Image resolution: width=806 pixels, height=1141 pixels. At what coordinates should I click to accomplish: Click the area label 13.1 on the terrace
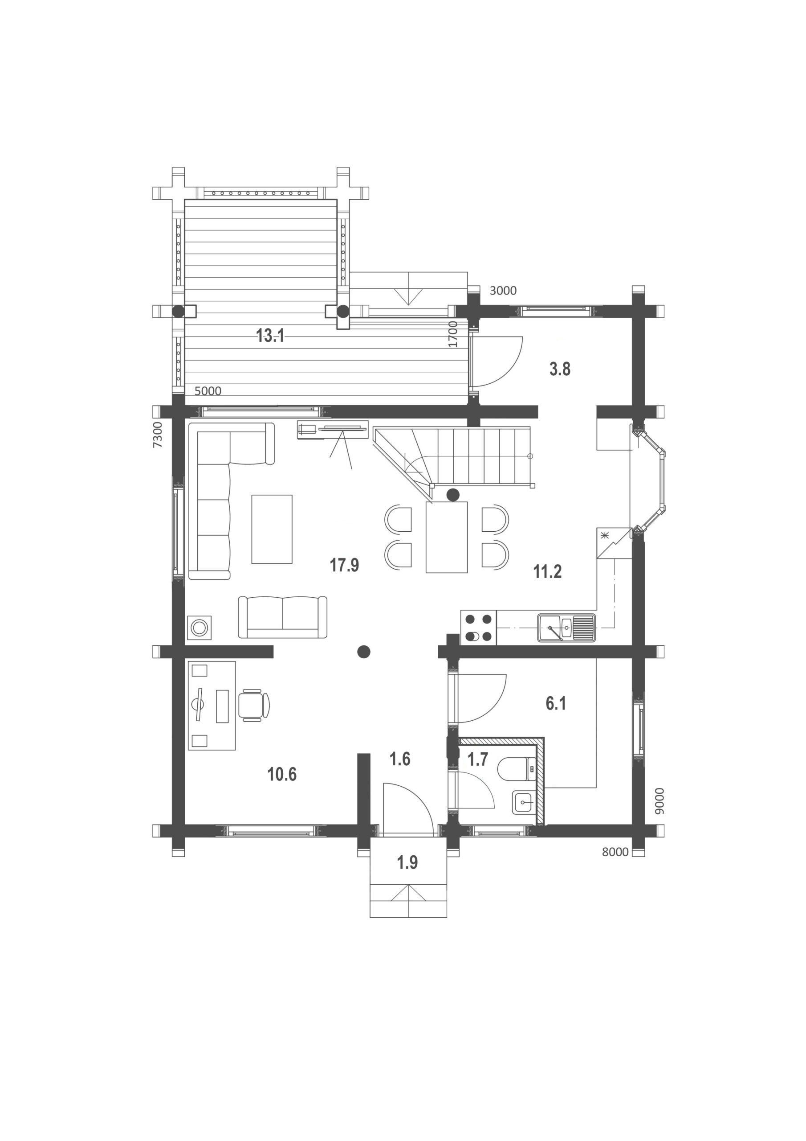[x=270, y=336]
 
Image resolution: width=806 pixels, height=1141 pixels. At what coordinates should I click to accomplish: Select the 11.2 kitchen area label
[x=547, y=571]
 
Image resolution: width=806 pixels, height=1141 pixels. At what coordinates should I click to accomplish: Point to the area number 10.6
[x=282, y=774]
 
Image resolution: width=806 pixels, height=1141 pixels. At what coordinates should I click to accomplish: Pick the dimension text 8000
[x=615, y=852]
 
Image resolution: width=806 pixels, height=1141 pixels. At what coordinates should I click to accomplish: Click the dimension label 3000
[x=503, y=291]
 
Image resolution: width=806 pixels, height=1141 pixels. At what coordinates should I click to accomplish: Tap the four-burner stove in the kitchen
[x=479, y=627]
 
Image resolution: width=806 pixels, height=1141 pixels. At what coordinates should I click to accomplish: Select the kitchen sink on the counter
[x=566, y=627]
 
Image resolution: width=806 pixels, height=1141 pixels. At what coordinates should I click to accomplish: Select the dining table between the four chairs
[x=447, y=537]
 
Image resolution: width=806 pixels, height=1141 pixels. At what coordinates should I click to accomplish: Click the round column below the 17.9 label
[x=363, y=651]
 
